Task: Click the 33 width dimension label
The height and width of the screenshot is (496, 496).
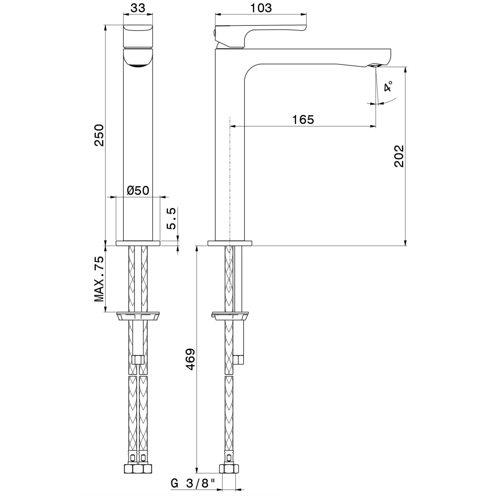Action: (x=138, y=8)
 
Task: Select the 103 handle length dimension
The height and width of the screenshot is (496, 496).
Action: (x=261, y=8)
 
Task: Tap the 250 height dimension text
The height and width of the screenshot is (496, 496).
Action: (x=99, y=135)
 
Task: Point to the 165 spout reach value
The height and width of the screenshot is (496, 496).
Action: (x=303, y=119)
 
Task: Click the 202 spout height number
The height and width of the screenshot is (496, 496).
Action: (x=399, y=156)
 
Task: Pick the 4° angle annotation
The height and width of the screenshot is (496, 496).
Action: (x=388, y=86)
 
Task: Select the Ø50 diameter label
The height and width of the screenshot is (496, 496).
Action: (x=138, y=190)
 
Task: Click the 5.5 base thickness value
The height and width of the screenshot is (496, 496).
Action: (x=171, y=219)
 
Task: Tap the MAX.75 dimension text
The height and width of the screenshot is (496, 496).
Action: (x=99, y=279)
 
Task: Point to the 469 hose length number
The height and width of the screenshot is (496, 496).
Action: (x=190, y=359)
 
